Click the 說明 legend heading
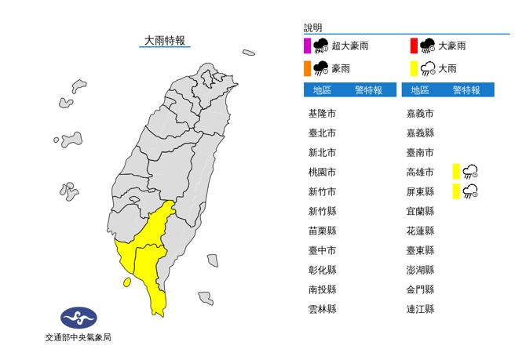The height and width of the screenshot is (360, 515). tap(313, 27)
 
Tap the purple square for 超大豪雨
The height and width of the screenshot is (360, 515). tap(307, 46)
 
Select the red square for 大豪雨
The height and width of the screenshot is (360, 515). tap(413, 46)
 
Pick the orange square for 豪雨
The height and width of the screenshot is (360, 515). tap(307, 69)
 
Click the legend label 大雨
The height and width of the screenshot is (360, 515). tap(447, 69)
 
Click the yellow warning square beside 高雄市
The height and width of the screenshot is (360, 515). tap(455, 172)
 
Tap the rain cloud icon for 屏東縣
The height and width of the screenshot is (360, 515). tap(471, 191)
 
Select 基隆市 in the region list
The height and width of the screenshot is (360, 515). tap(322, 113)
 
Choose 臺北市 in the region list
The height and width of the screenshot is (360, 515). tap(322, 133)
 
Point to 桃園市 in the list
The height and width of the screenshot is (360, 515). tap(322, 172)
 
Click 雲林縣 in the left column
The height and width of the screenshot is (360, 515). tap(322, 309)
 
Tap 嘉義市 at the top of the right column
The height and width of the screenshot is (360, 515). tap(420, 113)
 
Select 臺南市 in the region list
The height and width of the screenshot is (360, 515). tap(420, 152)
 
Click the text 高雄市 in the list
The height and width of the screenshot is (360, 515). tap(420, 172)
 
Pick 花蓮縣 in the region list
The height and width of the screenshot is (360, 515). tap(420, 231)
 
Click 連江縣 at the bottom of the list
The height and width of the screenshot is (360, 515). tap(420, 309)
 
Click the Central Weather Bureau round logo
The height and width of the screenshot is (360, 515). tap(79, 318)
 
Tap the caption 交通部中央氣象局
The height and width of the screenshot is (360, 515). tap(78, 338)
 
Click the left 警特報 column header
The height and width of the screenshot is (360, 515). tap(368, 90)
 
